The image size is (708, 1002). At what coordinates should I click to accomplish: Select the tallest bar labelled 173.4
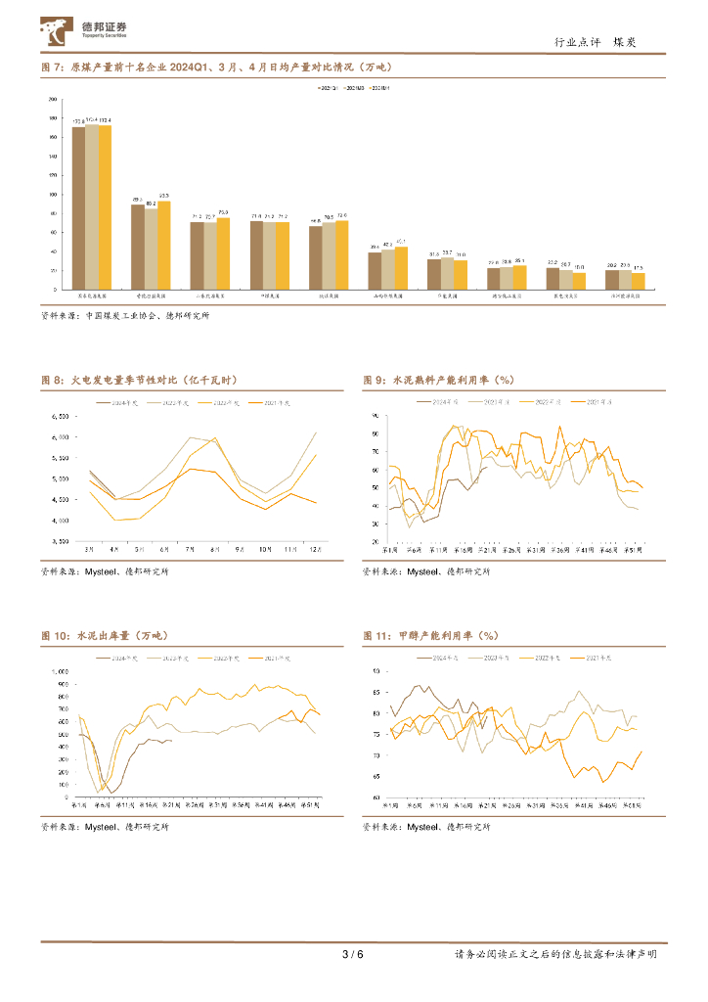point(91,206)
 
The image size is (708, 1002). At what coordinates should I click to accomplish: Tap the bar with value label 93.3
point(163,245)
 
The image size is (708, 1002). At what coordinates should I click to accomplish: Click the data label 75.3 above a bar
point(223,212)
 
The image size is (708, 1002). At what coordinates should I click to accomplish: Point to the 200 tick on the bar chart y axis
point(50,100)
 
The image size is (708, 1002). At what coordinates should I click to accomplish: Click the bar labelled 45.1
point(401,267)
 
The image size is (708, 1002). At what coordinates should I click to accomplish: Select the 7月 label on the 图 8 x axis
point(189,551)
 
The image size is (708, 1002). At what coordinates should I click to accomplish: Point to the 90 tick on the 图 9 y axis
point(376,416)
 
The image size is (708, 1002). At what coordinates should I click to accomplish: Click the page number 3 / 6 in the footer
point(353,955)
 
